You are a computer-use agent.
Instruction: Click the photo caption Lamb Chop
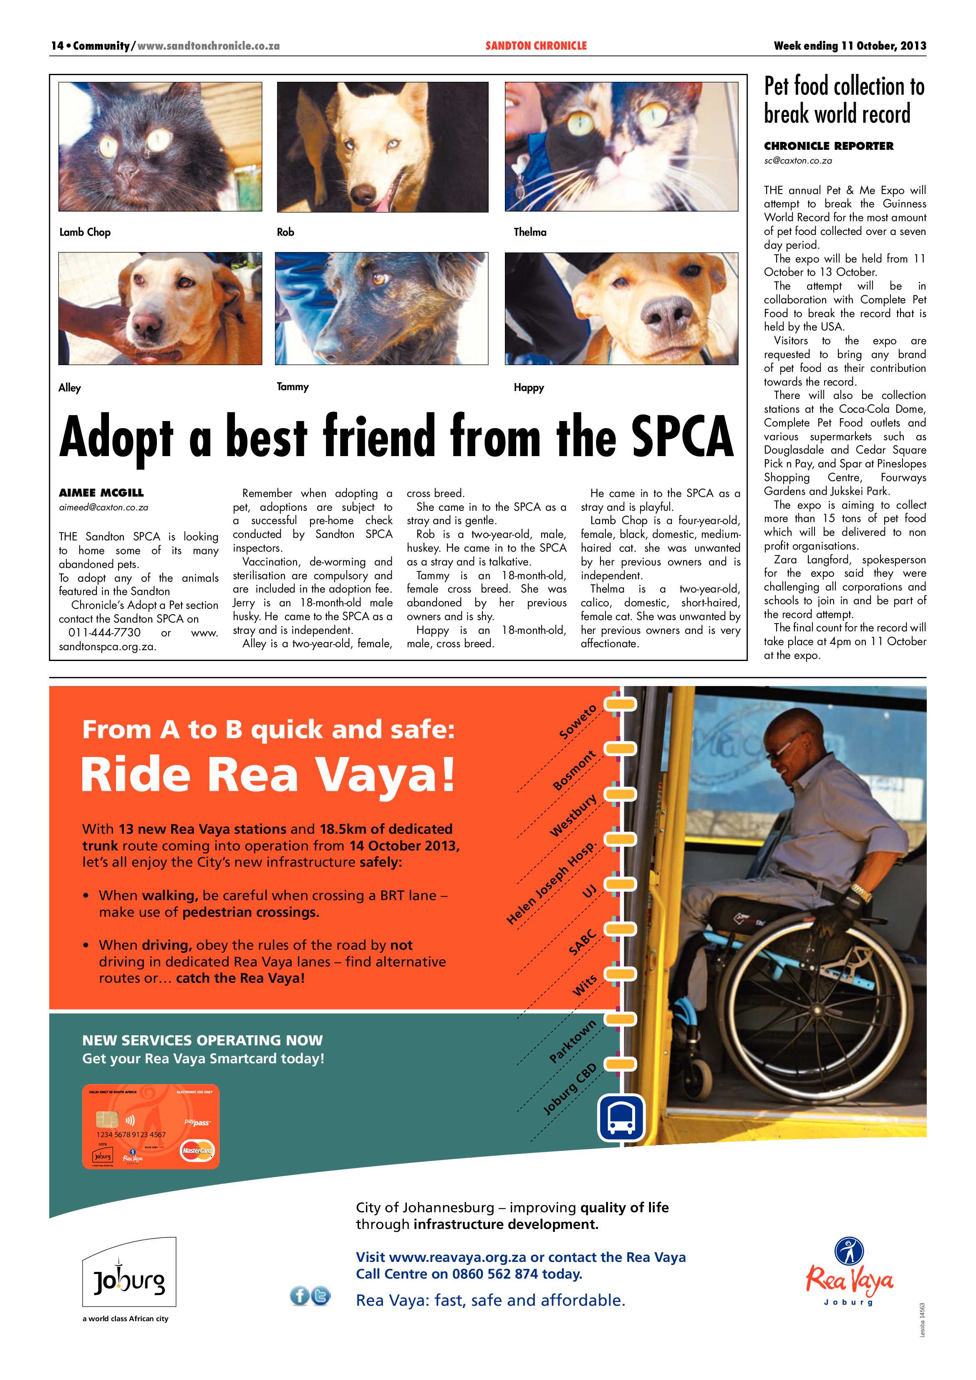coord(85,232)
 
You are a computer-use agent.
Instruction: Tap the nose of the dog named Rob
coord(363,193)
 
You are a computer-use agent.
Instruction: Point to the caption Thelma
coord(530,232)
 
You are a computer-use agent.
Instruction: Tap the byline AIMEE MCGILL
coord(101,493)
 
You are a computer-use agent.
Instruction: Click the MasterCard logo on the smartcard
coord(197,1151)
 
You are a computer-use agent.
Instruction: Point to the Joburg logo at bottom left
coord(129,1281)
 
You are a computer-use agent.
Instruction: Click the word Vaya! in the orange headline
coord(385,775)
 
